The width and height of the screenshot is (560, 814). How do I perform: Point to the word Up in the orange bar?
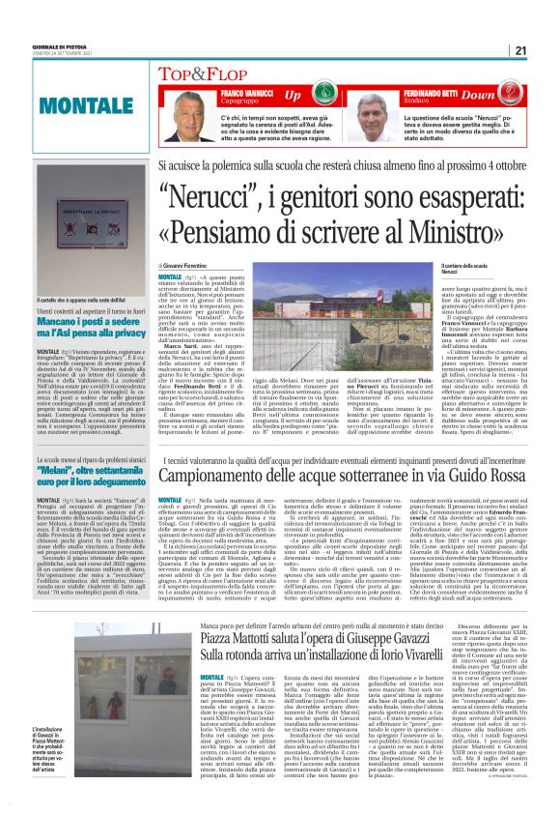point(294,96)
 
